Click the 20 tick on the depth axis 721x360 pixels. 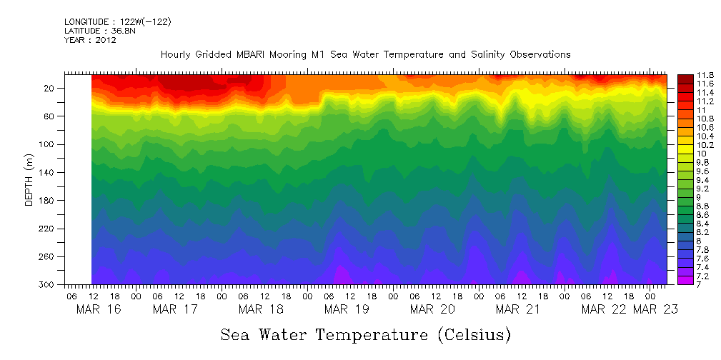pos(49,88)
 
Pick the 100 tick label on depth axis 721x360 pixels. pos(47,144)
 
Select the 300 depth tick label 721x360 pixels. pos(47,284)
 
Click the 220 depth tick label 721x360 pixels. pos(47,229)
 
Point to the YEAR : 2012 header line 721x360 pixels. pos(90,40)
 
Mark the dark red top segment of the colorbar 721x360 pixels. pos(684,77)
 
